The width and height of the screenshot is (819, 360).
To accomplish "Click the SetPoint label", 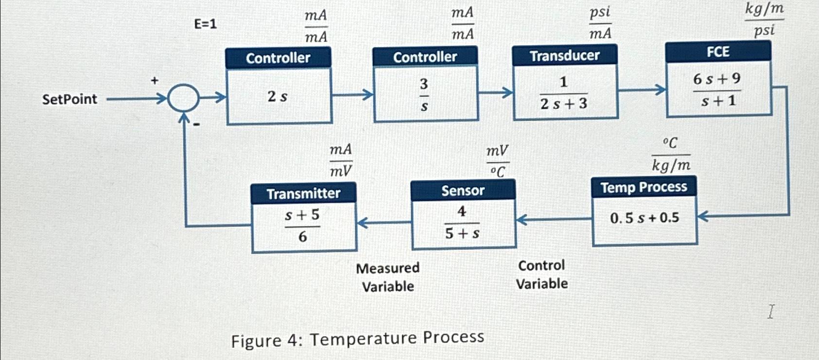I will coord(70,99).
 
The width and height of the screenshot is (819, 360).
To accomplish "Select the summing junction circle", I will coord(183,99).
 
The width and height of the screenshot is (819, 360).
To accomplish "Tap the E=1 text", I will coord(205,24).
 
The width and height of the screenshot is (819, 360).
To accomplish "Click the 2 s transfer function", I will coord(278,97).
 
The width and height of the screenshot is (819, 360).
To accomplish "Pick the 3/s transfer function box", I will coord(424,95).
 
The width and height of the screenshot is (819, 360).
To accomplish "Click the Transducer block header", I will coord(564,55).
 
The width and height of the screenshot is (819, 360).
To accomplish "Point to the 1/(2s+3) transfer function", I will coord(564,93).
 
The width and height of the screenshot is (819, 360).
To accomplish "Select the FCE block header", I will coord(718,52).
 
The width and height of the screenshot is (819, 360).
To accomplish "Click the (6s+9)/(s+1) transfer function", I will coord(717,90).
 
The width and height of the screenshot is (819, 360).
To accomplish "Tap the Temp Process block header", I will coord(644,187).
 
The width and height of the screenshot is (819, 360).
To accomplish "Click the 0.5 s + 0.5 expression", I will coord(645,218).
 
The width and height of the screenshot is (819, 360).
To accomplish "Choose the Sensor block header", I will coord(463,190).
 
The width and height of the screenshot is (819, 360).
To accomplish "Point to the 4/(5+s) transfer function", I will coord(462,223).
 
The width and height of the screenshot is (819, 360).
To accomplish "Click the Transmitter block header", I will coord(303,193).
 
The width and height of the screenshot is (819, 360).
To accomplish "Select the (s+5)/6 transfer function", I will coord(302,226).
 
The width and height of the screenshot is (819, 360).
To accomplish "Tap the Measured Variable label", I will coord(388,277).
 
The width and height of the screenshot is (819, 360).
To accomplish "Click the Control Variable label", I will coord(541,274).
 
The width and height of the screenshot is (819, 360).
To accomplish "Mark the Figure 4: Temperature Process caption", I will coord(358,339).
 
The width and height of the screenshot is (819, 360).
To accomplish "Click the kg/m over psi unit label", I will coord(764,20).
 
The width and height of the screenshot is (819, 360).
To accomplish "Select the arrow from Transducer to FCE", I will coord(642,90).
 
